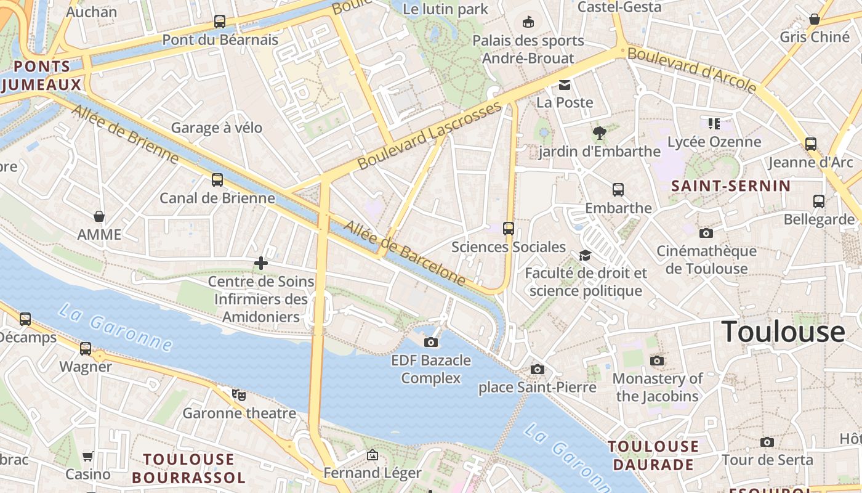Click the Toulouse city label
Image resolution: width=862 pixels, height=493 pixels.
783,332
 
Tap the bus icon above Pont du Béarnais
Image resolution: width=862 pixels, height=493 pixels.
220,22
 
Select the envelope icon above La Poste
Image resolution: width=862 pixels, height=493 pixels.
565,85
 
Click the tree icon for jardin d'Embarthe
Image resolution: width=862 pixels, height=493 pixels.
598,132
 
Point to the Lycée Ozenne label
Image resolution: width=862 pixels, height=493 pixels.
714,142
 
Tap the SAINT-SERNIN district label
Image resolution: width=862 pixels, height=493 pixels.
731,185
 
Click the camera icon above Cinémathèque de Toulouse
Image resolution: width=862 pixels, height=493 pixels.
706,233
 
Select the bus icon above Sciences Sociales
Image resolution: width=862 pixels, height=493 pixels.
509,229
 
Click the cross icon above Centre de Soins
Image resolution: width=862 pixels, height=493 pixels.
261,264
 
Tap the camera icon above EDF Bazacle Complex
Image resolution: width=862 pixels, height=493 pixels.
431,342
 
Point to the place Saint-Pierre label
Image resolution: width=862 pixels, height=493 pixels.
538,387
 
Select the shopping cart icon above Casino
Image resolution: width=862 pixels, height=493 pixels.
88,457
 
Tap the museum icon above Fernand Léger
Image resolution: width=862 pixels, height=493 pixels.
373,455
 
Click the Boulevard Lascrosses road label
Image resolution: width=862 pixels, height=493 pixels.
429,136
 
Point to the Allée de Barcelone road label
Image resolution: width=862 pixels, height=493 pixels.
405,253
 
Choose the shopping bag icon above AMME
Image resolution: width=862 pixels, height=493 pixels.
99,216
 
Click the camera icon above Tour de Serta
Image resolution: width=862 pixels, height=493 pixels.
767,442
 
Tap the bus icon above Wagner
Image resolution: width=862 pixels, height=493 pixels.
86,349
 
